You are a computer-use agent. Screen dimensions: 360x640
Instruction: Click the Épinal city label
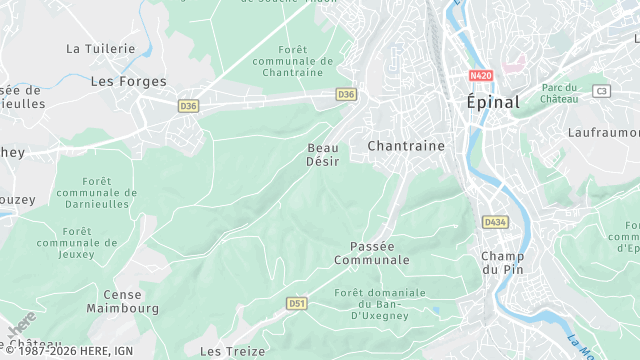click(493, 102)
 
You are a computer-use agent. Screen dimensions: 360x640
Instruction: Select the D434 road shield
click(493, 221)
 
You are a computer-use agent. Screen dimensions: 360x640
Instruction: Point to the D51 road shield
click(296, 302)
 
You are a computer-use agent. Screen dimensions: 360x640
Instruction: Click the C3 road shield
click(601, 91)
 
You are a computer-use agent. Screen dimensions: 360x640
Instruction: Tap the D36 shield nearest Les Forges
click(189, 105)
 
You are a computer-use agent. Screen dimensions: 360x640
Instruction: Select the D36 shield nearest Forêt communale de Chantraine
click(346, 94)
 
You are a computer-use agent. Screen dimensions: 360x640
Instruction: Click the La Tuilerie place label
click(100, 48)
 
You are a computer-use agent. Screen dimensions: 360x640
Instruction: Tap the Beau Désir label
click(322, 154)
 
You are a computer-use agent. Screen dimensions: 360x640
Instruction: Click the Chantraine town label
click(406, 146)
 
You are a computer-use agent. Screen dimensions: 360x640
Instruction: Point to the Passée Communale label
click(380, 253)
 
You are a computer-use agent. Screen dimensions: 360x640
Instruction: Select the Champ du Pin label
click(502, 262)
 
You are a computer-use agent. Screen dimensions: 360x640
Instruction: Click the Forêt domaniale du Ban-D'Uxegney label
click(380, 303)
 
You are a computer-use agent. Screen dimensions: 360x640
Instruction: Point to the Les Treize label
click(232, 351)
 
